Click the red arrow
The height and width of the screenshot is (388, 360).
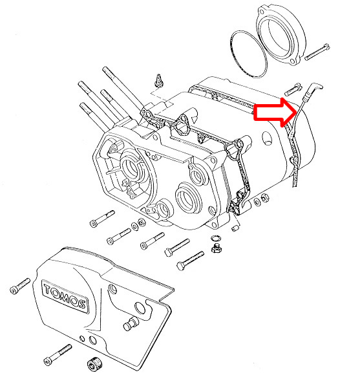click(275, 113)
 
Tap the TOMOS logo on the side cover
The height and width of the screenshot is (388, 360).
click(65, 296)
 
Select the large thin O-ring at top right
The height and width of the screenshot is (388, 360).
click(248, 54)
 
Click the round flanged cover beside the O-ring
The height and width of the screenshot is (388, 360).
click(281, 35)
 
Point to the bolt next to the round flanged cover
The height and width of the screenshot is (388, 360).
click(317, 52)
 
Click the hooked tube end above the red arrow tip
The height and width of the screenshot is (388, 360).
click(314, 89)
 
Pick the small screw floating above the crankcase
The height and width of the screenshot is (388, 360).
click(158, 80)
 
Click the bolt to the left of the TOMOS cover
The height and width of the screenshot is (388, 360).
click(20, 286)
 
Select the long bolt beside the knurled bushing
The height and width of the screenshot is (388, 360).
click(58, 354)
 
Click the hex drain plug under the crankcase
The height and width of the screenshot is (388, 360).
click(216, 248)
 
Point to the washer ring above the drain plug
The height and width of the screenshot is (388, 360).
click(216, 238)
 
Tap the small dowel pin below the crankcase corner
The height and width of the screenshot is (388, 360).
click(235, 228)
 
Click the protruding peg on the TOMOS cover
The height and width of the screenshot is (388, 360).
click(131, 323)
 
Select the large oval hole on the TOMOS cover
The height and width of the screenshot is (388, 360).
click(140, 307)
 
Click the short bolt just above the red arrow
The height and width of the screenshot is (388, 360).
click(293, 89)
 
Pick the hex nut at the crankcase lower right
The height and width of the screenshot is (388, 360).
click(265, 198)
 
